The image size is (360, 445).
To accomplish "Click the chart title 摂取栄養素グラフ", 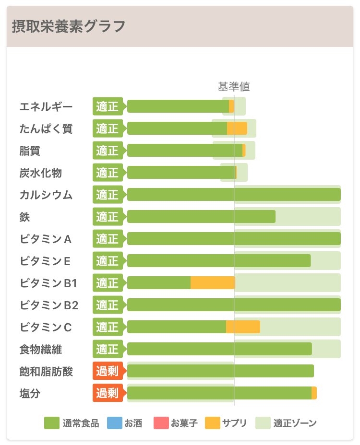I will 69,26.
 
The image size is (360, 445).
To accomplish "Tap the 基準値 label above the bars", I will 234,87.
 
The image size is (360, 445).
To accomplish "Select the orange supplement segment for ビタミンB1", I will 213,283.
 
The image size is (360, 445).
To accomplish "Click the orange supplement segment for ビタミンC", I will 243,327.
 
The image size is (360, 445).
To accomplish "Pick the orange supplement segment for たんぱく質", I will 237,129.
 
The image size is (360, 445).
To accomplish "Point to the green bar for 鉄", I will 201,217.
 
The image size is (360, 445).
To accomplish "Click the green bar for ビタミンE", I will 219,261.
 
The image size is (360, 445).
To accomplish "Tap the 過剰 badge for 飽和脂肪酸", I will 107,371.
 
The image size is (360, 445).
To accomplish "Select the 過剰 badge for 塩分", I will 107,393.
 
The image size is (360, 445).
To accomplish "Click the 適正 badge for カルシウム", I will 107,195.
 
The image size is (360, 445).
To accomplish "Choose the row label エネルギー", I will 46,106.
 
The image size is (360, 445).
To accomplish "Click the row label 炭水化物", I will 41,173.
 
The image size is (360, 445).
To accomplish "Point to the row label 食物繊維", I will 41,349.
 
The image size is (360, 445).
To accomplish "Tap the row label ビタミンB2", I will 49,305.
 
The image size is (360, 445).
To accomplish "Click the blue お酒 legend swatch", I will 114,423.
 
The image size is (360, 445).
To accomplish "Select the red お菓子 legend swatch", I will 161,423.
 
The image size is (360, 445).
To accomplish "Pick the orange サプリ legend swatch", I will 213,423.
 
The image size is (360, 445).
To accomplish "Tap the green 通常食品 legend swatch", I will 51,423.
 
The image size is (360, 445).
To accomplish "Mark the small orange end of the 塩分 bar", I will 314,393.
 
